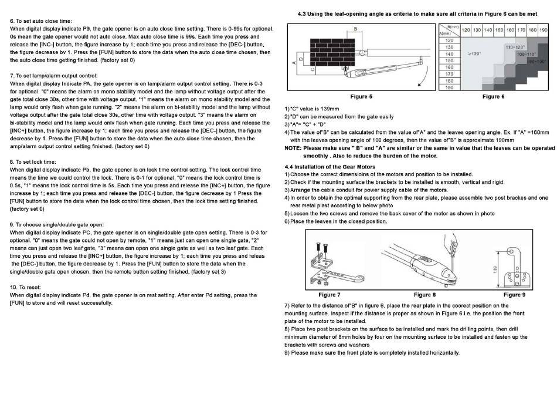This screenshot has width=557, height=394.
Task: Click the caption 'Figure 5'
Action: click(x=361, y=96)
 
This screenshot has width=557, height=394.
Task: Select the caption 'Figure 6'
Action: click(x=494, y=96)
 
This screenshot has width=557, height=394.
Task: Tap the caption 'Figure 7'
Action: click(x=329, y=294)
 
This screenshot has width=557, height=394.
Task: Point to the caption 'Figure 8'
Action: click(x=424, y=294)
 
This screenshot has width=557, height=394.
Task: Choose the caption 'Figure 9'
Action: click(x=514, y=294)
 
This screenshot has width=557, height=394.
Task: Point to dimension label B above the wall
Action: click(x=355, y=28)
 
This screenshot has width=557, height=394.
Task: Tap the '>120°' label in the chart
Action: click(x=474, y=53)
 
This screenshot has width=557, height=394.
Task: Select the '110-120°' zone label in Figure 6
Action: click(x=515, y=46)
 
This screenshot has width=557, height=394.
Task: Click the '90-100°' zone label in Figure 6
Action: click(x=536, y=60)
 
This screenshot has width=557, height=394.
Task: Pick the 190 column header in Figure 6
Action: click(x=543, y=29)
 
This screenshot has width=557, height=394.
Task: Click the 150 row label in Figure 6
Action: click(x=449, y=60)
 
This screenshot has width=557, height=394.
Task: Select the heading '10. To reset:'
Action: click(x=25, y=287)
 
